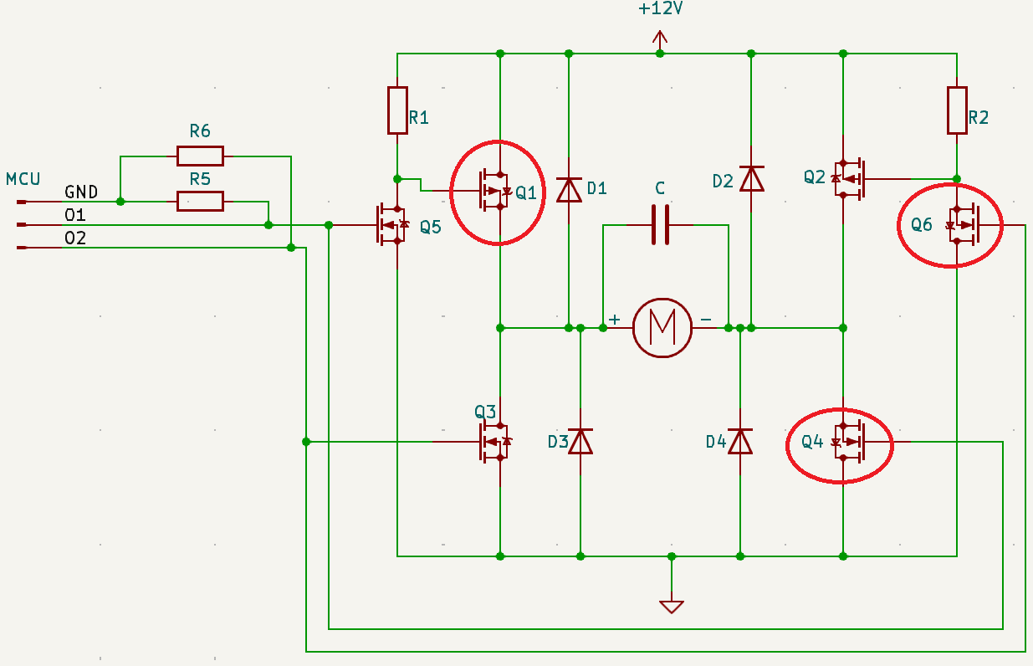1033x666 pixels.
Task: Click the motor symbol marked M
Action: pos(662,327)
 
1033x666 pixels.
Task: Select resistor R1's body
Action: pos(397,110)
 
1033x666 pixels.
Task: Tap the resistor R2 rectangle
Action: pos(957,110)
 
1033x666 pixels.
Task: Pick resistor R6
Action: pos(200,156)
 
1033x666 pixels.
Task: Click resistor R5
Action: pos(200,201)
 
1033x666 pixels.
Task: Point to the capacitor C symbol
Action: pos(661,224)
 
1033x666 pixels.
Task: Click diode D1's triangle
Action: pos(569,190)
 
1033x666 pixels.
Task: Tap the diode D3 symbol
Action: pos(580,440)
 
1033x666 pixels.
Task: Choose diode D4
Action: pos(740,440)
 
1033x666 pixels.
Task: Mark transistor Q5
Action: pos(391,224)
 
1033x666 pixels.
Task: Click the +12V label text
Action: pos(661,9)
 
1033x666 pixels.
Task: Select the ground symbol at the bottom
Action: pos(671,606)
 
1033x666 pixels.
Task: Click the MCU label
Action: pos(23,179)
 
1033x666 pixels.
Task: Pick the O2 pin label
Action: pos(75,238)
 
